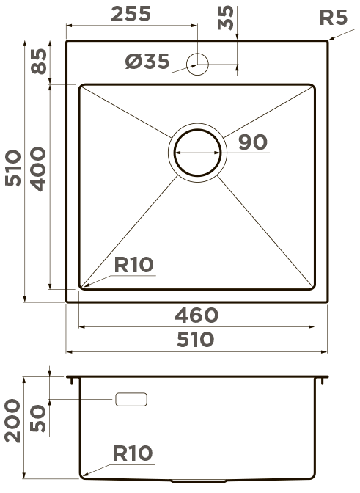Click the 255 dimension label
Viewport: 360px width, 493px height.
coord(131,15)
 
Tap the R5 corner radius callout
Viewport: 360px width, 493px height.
coord(334,18)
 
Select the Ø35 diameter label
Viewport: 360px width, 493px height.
coord(147,61)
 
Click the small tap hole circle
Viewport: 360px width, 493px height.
coord(197,64)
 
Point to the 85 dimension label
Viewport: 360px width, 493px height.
coord(40,62)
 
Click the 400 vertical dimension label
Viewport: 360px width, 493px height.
coord(39,169)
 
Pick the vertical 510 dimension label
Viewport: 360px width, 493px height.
coord(13,168)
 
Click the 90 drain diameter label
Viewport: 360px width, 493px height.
coord(253,142)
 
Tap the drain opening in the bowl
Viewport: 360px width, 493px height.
coord(197,153)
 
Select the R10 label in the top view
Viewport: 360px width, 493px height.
coord(134,265)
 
